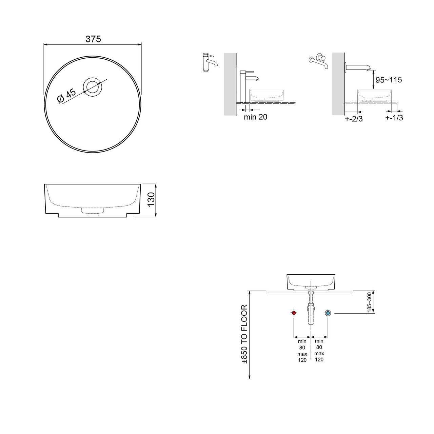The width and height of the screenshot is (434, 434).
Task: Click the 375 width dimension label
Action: tap(93, 39)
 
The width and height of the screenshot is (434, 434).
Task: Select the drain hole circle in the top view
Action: tap(92, 87)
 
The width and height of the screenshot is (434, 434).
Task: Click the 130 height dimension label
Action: tap(151, 199)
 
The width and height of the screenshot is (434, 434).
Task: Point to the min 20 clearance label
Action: tap(255, 117)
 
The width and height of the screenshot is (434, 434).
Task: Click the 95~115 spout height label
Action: tap(389, 80)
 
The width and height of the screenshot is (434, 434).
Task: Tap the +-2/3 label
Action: tap(354, 119)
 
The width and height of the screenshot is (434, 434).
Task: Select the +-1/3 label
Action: tap(394, 118)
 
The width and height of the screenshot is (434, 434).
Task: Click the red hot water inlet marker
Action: tap(294, 313)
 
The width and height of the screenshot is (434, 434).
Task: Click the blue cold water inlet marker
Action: tap(328, 313)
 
